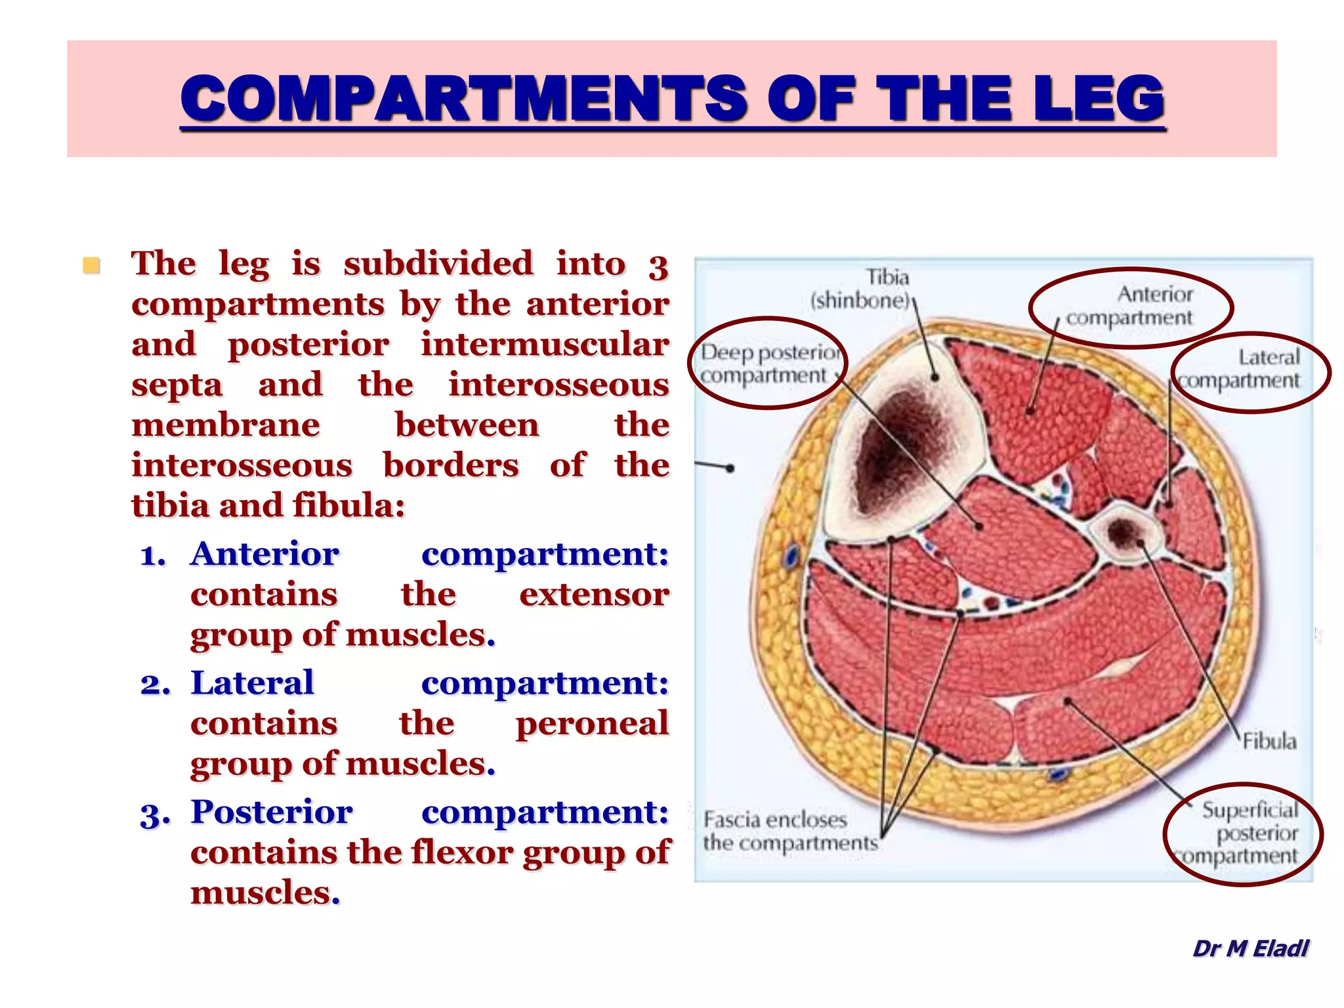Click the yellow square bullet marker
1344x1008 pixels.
91,266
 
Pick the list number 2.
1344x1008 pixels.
155,684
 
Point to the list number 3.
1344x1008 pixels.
155,814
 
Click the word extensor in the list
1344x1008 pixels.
593,595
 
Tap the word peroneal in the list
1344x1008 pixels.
592,723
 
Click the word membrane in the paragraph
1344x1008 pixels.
226,425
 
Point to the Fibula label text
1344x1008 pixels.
1269,742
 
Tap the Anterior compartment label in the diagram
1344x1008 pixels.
1129,306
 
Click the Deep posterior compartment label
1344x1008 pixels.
769,364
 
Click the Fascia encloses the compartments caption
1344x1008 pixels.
789,831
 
